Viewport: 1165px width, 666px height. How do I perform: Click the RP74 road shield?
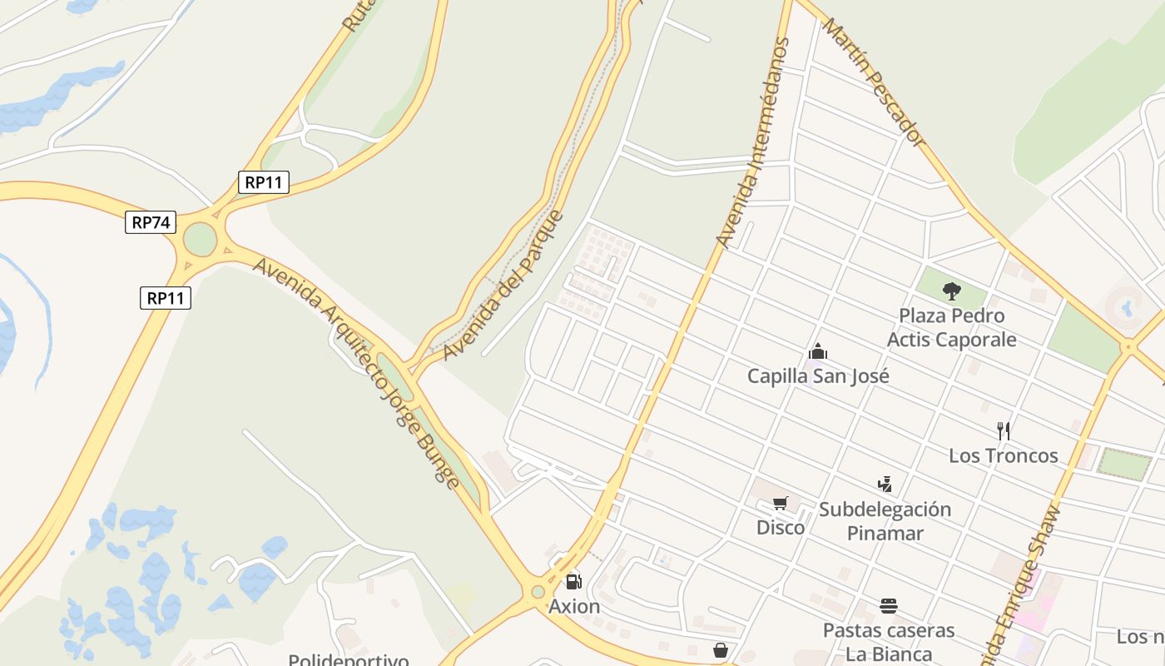[151, 222]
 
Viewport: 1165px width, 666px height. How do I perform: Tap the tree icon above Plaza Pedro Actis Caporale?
[952, 291]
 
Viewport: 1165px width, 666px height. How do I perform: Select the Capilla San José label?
[818, 376]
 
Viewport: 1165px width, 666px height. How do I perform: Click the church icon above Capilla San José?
[818, 351]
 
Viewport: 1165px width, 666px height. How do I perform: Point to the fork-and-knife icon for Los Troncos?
[1004, 431]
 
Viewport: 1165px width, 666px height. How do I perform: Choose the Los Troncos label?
[1004, 456]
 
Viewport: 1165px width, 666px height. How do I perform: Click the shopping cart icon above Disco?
[780, 503]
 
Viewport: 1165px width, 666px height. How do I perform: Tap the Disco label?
[780, 528]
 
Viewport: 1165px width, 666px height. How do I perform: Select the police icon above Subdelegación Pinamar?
[885, 484]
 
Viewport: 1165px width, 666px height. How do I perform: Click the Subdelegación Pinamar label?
[885, 521]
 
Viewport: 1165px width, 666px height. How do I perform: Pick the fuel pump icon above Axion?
[573, 582]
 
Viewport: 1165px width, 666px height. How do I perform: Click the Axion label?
[574, 607]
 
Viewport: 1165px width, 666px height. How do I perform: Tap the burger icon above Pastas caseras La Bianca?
[889, 605]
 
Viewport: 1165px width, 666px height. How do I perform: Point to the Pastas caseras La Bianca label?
[889, 642]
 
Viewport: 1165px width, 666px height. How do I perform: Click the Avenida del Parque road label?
[503, 286]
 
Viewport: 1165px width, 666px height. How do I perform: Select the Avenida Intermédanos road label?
[752, 142]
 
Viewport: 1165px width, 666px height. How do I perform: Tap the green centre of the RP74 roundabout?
[200, 240]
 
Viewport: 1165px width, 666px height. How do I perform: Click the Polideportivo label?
[349, 660]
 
